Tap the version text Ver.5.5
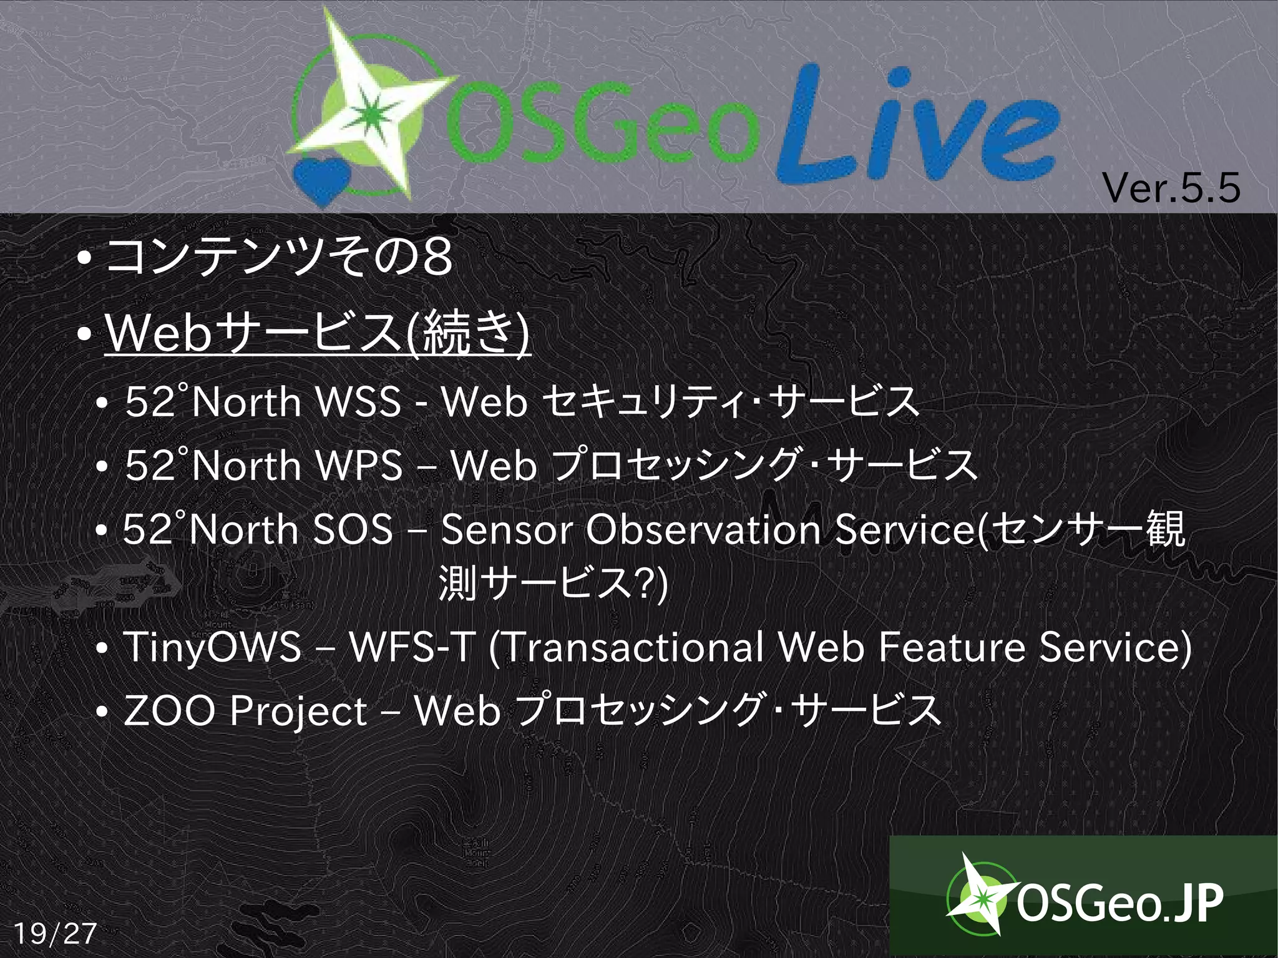(x=1171, y=188)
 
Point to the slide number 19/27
(x=55, y=933)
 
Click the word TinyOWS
(x=212, y=647)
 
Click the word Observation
(x=703, y=530)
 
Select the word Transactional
(x=633, y=647)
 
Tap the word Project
(x=298, y=712)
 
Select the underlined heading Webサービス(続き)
(x=318, y=333)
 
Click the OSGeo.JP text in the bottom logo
(x=1120, y=903)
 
